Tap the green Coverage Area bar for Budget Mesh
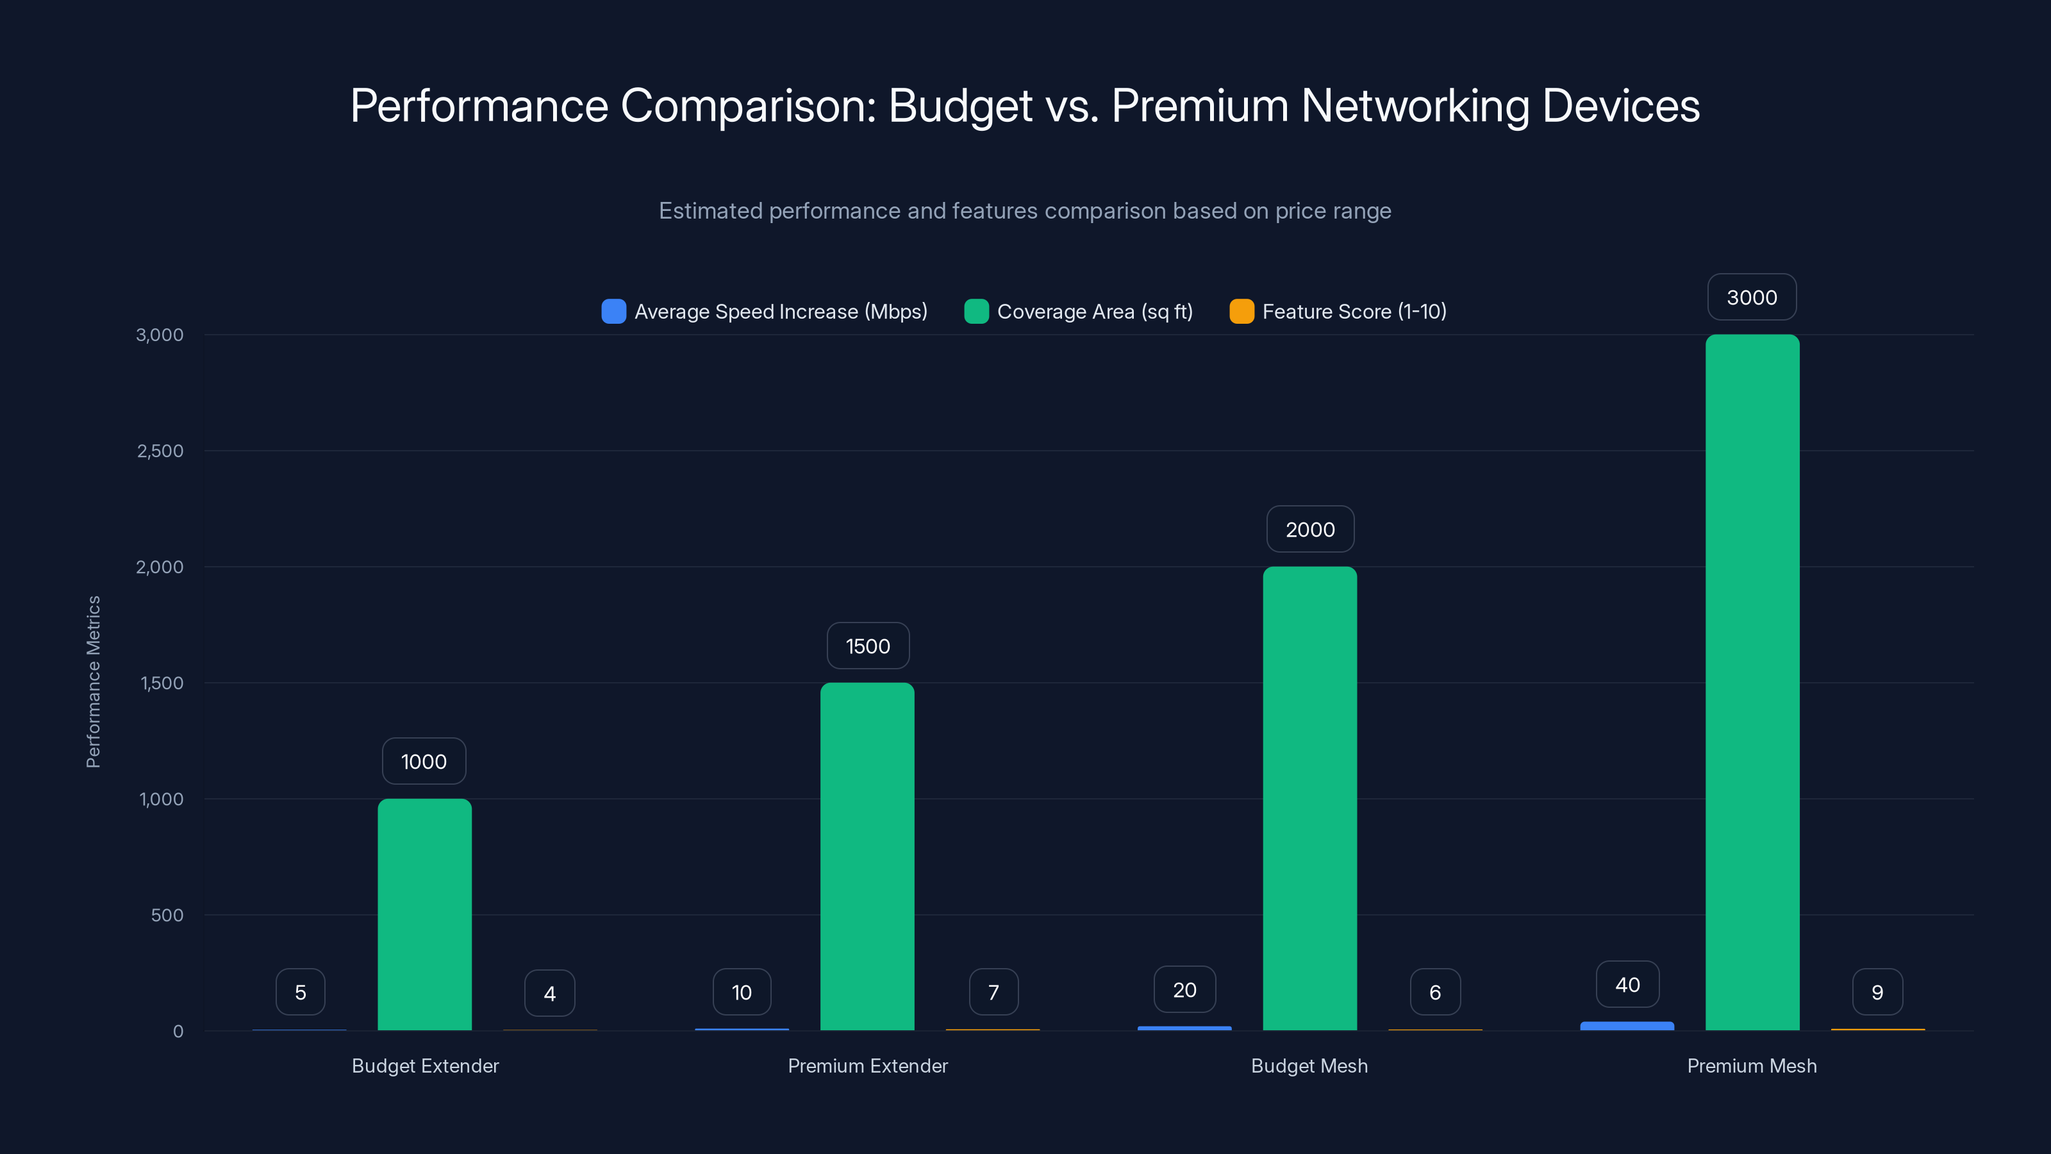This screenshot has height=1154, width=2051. coord(1309,798)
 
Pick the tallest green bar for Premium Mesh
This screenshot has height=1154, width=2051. coord(1752,683)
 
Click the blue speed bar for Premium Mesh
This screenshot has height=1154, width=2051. coord(1627,1026)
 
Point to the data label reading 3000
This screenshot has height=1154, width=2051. coord(1752,298)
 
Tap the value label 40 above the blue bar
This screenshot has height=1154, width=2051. coord(1627,985)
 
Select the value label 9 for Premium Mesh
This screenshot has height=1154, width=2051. coord(1877,992)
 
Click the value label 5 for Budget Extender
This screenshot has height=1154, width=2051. coord(300,992)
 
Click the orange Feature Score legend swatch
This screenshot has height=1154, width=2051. coord(1241,312)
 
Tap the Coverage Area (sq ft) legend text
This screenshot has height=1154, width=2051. coord(1095,312)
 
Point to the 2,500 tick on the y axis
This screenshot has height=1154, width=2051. coord(160,451)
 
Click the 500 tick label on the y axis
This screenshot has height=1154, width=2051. coord(167,915)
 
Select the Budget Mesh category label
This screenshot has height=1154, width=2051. coord(1309,1066)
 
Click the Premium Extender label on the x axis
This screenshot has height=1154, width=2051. coord(867,1066)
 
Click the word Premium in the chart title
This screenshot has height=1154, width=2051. coord(1200,105)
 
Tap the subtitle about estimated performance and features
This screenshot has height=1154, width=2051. coord(1025,211)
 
